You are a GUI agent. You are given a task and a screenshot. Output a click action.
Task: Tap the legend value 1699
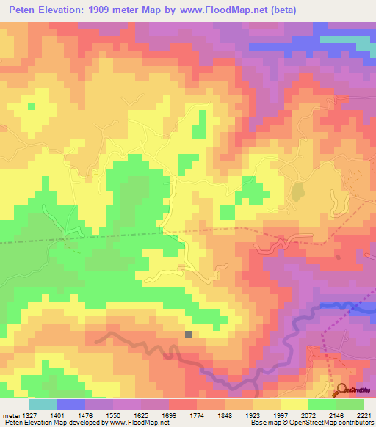pyautogui.click(x=168, y=415)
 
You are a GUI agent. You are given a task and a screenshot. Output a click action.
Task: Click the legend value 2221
pyautogui.click(x=364, y=415)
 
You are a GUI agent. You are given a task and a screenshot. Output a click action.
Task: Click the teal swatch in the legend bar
pyautogui.click(x=43, y=404)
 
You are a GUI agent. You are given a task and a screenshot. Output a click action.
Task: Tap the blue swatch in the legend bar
pyautogui.click(x=70, y=404)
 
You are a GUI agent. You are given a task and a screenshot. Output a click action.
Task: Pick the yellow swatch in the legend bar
pyautogui.click(x=294, y=404)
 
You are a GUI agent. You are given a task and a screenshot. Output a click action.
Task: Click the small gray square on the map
pyautogui.click(x=189, y=335)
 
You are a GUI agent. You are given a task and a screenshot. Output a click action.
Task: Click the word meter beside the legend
pyautogui.click(x=10, y=415)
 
